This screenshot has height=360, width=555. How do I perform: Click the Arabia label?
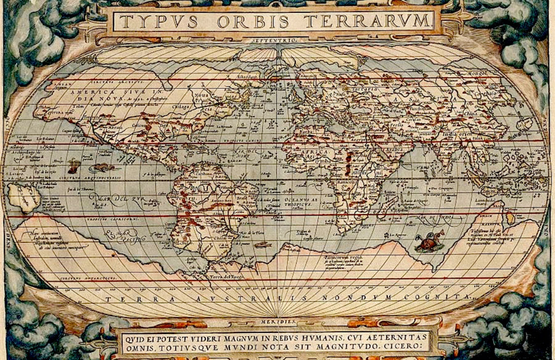tap(395, 149)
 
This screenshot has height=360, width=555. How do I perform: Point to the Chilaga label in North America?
tap(181, 106)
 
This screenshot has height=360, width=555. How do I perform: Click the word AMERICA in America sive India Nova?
tap(92, 92)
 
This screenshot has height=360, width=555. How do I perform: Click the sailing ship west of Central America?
tap(74, 165)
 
